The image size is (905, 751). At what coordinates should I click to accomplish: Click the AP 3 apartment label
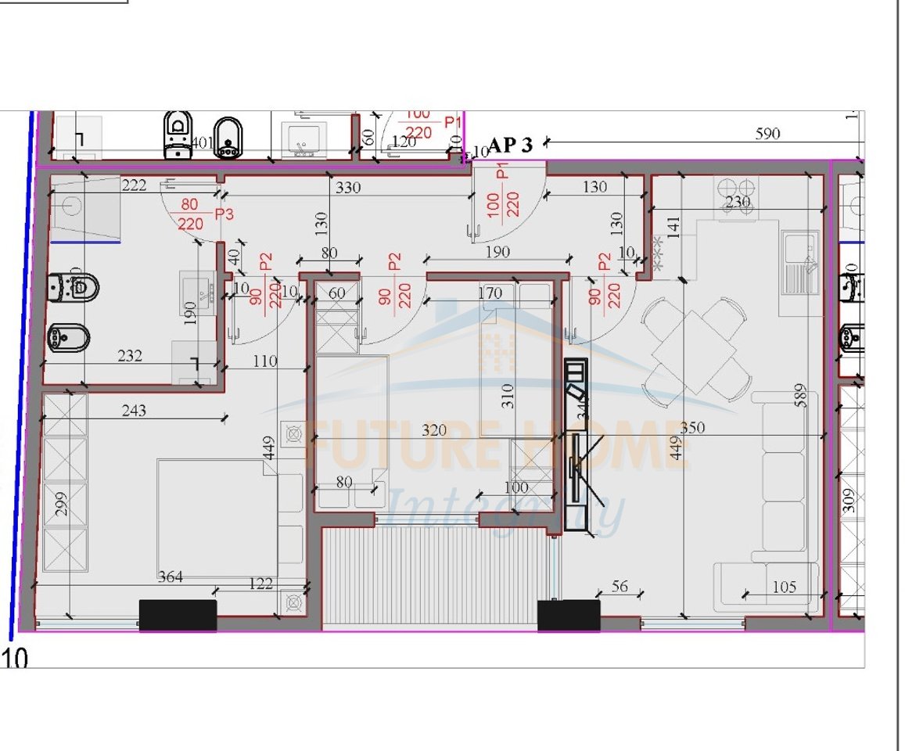coord(511,145)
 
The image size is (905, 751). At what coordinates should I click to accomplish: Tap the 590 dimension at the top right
coord(767,134)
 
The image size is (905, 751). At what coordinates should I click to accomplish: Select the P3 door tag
coord(225,214)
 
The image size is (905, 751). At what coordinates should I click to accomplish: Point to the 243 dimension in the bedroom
coord(134,410)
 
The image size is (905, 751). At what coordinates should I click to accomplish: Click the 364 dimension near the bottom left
coord(171,577)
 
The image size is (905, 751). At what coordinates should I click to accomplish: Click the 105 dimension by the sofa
coord(784,587)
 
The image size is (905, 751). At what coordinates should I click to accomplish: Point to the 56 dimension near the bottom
coord(619,587)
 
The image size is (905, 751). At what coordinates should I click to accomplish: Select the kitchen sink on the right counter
coord(799,261)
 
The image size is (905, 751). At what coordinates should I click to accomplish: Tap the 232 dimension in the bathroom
coord(130,356)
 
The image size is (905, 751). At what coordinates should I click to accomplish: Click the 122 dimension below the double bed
coord(261,583)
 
